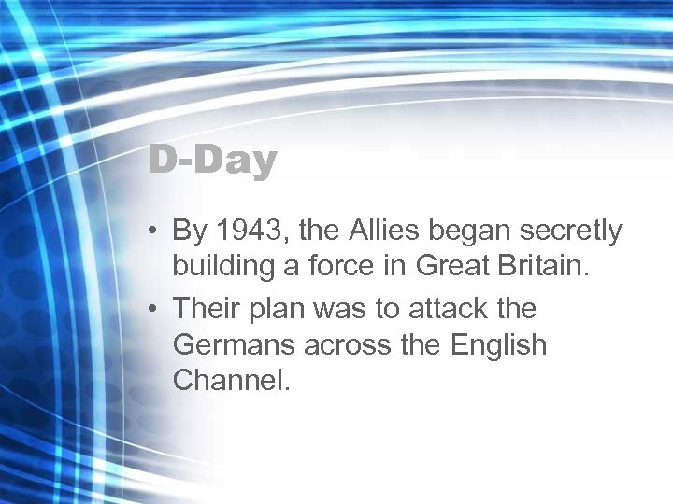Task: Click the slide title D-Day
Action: pyautogui.click(x=213, y=161)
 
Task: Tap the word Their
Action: pyautogui.click(x=206, y=307)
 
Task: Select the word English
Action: pyautogui.click(x=498, y=346)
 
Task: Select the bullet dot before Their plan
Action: pyautogui.click(x=152, y=308)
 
